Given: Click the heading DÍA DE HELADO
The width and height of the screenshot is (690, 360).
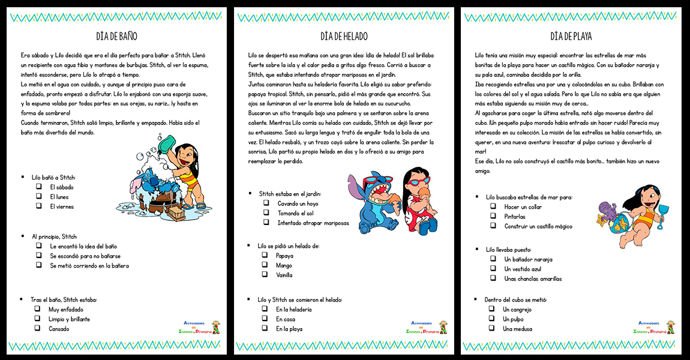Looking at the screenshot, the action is pos(344,36).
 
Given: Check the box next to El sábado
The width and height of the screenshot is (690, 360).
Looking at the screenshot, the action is pos(38,187).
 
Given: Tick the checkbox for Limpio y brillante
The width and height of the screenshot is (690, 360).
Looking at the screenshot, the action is pos(37,319).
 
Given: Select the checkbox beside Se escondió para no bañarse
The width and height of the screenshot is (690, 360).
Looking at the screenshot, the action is pos(38,256).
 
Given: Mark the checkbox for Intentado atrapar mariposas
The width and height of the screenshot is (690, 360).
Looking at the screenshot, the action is pos(266,223).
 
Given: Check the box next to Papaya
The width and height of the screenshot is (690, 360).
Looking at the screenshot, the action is pos(265,255).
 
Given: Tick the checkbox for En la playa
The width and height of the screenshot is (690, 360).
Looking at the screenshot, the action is pos(265,328).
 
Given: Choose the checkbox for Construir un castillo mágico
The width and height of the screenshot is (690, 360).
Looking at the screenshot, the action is pos(493,226).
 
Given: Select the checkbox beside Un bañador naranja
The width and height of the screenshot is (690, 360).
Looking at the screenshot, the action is pos(493,259).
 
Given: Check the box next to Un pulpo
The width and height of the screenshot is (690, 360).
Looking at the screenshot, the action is pos(491,319).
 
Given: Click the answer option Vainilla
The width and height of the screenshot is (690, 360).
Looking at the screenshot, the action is pos(284,275).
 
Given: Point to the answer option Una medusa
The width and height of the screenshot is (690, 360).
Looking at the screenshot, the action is pos(517,329).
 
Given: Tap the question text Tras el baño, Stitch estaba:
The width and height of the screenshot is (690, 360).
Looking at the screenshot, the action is pos(64,299).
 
